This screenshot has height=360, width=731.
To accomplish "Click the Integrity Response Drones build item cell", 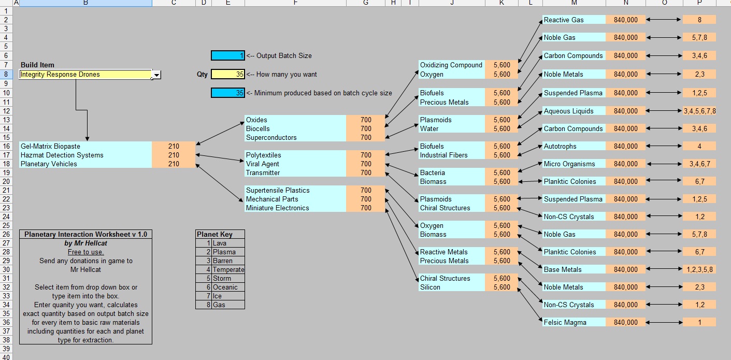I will click(85, 75).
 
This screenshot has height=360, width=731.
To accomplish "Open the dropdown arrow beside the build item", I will click(156, 75).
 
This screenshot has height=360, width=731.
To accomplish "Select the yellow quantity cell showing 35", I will click(227, 75).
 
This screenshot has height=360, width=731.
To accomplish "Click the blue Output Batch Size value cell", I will click(227, 55).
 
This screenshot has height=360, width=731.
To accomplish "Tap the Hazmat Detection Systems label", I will click(62, 155).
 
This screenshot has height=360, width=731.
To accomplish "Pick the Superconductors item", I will click(271, 138).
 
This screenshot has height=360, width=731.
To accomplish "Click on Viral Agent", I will click(262, 164).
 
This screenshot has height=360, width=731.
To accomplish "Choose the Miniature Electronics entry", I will click(277, 208).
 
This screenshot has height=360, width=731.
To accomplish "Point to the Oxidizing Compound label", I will click(451, 65).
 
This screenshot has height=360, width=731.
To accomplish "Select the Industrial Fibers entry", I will click(443, 155).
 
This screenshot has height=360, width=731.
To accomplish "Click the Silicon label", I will click(431, 287).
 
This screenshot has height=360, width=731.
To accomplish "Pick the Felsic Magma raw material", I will click(565, 323).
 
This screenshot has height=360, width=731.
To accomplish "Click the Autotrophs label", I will click(560, 147).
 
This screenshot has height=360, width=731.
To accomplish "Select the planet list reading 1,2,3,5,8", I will click(699, 270).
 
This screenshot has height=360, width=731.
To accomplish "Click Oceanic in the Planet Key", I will click(225, 287).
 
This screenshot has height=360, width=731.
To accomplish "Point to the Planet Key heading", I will click(214, 235).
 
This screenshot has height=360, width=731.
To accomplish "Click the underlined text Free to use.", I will click(85, 252).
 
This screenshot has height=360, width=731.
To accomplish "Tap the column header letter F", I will click(295, 3).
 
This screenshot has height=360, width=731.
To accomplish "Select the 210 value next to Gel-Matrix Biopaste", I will click(174, 147).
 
